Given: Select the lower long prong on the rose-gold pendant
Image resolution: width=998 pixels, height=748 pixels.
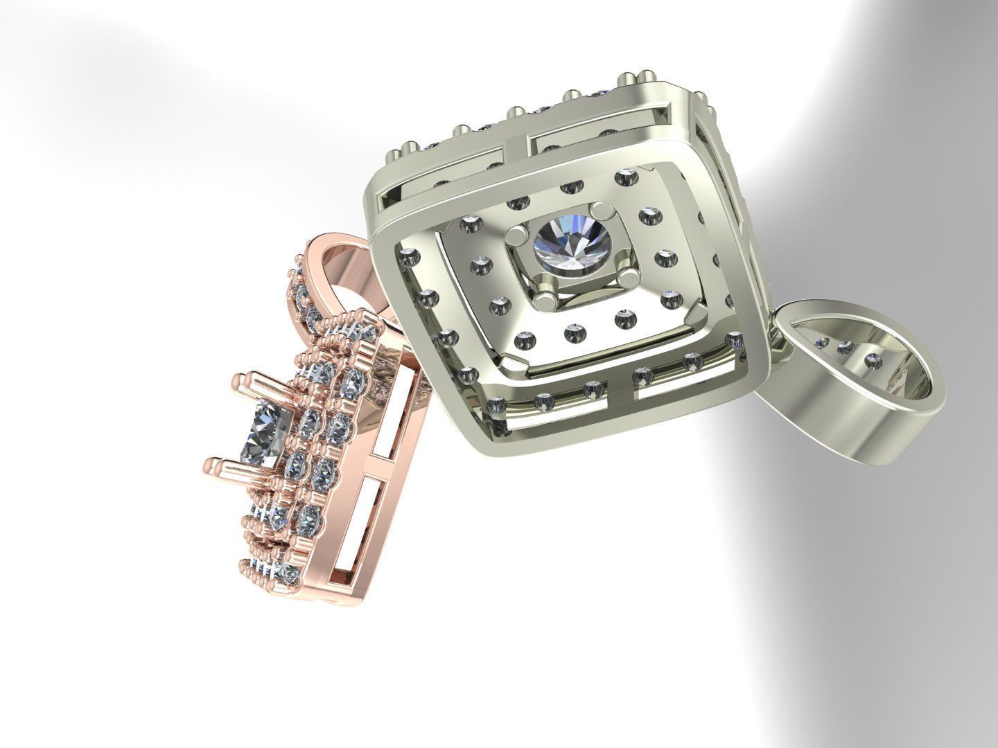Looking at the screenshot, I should (x=239, y=465).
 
